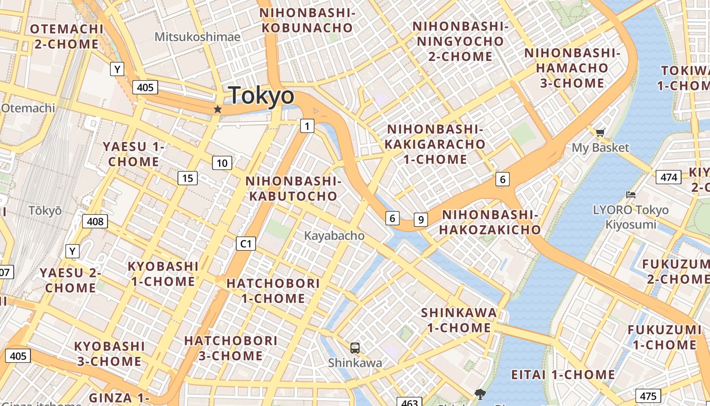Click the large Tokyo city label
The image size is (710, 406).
pyautogui.click(x=261, y=95)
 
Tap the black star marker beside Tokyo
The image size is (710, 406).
pyautogui.click(x=218, y=109)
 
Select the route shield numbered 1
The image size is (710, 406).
pyautogui.click(x=307, y=125)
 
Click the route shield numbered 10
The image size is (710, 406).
pyautogui.click(x=222, y=163)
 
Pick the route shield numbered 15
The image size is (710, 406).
pyautogui.click(x=188, y=178)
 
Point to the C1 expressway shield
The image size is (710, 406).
pyautogui.click(x=245, y=244)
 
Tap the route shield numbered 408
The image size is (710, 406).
pyautogui.click(x=95, y=221)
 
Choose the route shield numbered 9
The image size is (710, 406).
pyautogui.click(x=420, y=220)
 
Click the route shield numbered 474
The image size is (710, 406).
pyautogui.click(x=668, y=177)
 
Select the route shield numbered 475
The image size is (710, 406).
pyautogui.click(x=648, y=396)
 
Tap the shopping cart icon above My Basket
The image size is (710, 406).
pyautogui.click(x=600, y=133)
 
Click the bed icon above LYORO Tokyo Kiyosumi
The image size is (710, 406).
pyautogui.click(x=631, y=195)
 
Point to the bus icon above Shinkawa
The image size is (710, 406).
pyautogui.click(x=355, y=348)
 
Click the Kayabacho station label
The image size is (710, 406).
pyautogui.click(x=334, y=235)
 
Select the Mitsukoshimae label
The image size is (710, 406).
pyautogui.click(x=197, y=37)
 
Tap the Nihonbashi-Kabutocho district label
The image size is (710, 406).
pyautogui.click(x=293, y=188)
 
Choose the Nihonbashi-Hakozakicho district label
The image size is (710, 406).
pyautogui.click(x=490, y=222)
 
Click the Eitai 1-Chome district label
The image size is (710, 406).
pyautogui.click(x=562, y=375)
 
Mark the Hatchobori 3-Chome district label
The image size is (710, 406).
pyautogui.click(x=231, y=348)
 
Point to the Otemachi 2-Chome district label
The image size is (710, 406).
pyautogui.click(x=66, y=36)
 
